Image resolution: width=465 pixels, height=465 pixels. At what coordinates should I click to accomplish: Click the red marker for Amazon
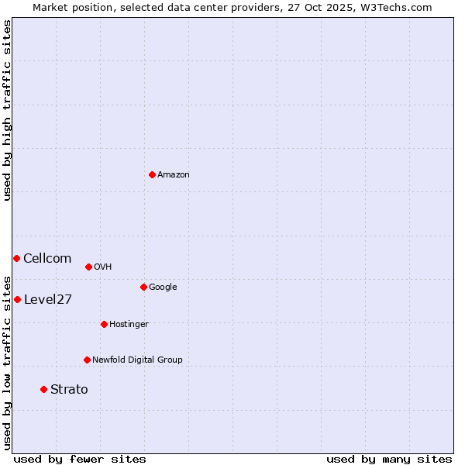pyautogui.click(x=152, y=174)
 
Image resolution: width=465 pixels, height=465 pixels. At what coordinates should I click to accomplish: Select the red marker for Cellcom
pyautogui.click(x=16, y=258)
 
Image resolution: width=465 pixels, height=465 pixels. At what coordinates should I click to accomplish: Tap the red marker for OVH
pyautogui.click(x=88, y=267)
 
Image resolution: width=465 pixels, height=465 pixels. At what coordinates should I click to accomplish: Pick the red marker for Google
pyautogui.click(x=143, y=287)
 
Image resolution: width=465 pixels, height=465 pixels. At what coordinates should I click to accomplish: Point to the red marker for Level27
pyautogui.click(x=17, y=299)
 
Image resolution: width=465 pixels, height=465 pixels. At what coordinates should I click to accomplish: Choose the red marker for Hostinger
pyautogui.click(x=104, y=324)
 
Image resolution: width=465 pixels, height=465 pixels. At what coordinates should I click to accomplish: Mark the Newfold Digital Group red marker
pyautogui.click(x=87, y=360)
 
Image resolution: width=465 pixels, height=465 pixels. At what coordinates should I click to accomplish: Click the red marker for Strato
pyautogui.click(x=43, y=389)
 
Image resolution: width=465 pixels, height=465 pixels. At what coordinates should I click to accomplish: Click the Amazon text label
pyautogui.click(x=174, y=175)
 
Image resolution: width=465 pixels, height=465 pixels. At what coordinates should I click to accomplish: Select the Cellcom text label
pyautogui.click(x=47, y=259)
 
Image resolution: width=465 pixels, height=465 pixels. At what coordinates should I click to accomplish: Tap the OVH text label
pyautogui.click(x=103, y=267)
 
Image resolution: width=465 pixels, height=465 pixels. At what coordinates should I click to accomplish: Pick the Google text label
pyautogui.click(x=163, y=288)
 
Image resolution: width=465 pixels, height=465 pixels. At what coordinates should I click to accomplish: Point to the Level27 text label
pyautogui.click(x=48, y=300)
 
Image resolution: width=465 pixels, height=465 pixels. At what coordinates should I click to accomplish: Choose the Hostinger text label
pyautogui.click(x=129, y=325)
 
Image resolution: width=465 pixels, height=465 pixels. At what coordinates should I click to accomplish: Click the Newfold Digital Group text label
pyautogui.click(x=137, y=360)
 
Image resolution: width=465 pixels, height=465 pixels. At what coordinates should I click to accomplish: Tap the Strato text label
pyautogui.click(x=69, y=390)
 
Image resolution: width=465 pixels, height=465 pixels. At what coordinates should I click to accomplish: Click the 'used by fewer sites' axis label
pyautogui.click(x=80, y=459)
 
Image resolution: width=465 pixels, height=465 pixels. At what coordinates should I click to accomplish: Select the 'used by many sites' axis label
pyautogui.click(x=389, y=459)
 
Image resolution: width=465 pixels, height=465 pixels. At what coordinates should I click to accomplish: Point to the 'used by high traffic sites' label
pyautogui.click(x=7, y=110)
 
